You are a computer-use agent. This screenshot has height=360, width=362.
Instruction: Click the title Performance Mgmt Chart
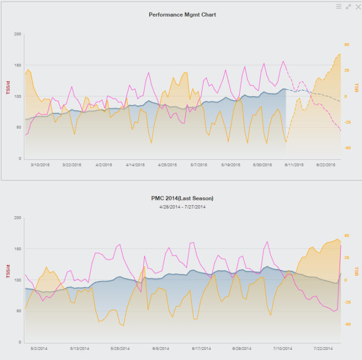[182, 15]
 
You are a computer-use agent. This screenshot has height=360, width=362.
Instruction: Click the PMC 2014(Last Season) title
[182, 198]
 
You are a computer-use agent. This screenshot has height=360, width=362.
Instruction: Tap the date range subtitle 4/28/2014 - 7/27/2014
[182, 207]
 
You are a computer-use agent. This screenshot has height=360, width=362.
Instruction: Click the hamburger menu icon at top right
[339, 7]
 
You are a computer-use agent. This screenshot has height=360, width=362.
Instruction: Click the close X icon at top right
[357, 7]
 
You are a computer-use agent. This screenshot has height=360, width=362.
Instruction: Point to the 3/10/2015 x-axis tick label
[40, 164]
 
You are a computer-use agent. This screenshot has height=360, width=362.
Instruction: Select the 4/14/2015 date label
[135, 164]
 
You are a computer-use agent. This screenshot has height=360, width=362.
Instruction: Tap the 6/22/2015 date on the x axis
[326, 164]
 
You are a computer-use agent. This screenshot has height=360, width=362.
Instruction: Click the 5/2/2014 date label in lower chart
[39, 348]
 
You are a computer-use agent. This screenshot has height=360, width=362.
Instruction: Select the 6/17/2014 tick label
[201, 348]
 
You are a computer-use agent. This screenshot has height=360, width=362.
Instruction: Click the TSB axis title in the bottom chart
[356, 271]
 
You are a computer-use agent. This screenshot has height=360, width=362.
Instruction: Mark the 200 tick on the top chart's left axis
[18, 34]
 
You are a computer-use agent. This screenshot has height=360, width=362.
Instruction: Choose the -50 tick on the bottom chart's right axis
[346, 324]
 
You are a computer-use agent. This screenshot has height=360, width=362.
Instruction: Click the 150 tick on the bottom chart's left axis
[18, 249]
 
